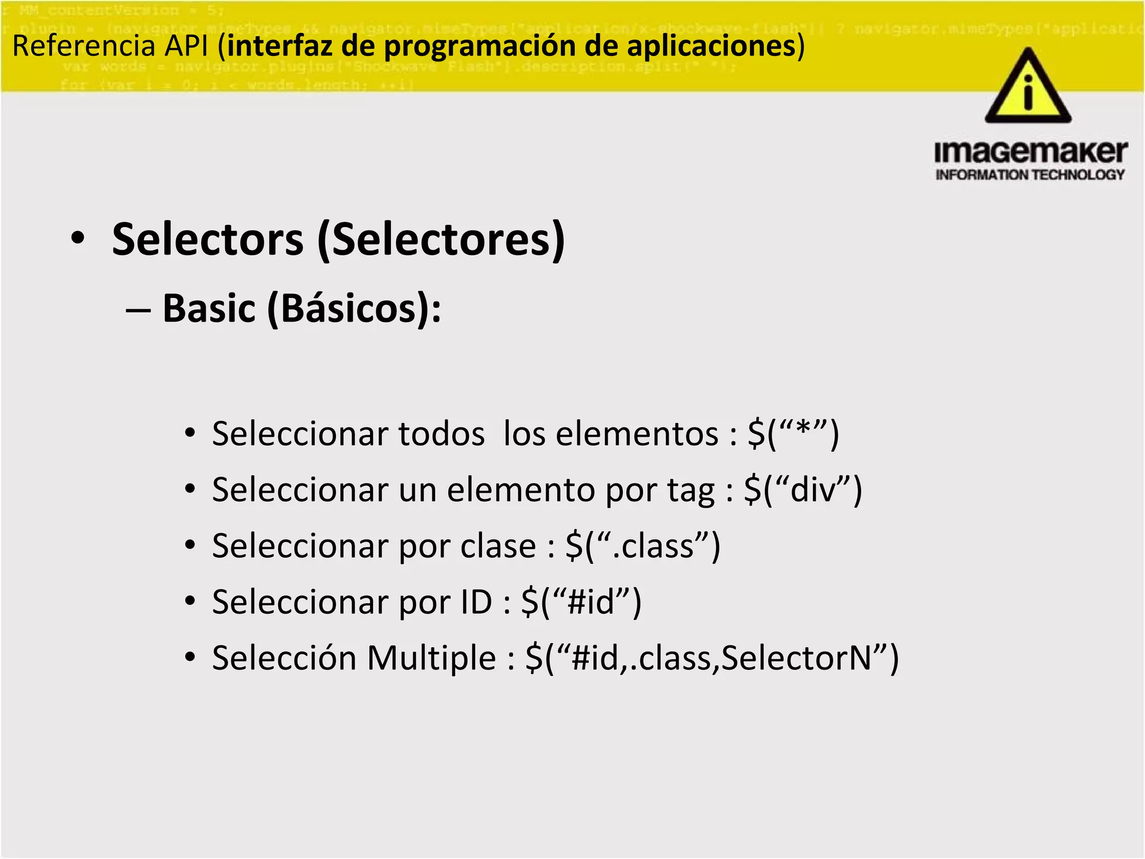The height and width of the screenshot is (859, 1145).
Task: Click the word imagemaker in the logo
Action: (x=1030, y=152)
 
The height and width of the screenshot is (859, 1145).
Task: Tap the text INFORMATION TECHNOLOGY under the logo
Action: (x=1030, y=175)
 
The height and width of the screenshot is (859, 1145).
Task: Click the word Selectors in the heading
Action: (x=207, y=239)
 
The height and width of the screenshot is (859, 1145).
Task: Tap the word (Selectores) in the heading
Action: (x=441, y=239)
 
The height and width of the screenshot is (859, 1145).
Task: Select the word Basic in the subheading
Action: (x=209, y=308)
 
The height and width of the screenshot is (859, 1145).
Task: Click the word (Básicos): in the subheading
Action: (x=354, y=309)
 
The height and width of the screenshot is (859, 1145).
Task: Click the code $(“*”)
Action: (x=793, y=433)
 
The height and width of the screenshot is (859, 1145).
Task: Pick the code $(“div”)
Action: (x=803, y=490)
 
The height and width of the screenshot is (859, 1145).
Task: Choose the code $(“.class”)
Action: (x=642, y=546)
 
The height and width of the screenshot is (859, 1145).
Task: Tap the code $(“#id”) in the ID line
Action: (x=581, y=602)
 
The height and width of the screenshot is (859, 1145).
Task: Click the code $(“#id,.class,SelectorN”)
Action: (x=712, y=658)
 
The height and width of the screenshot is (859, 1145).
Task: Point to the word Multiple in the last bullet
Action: (x=431, y=658)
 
